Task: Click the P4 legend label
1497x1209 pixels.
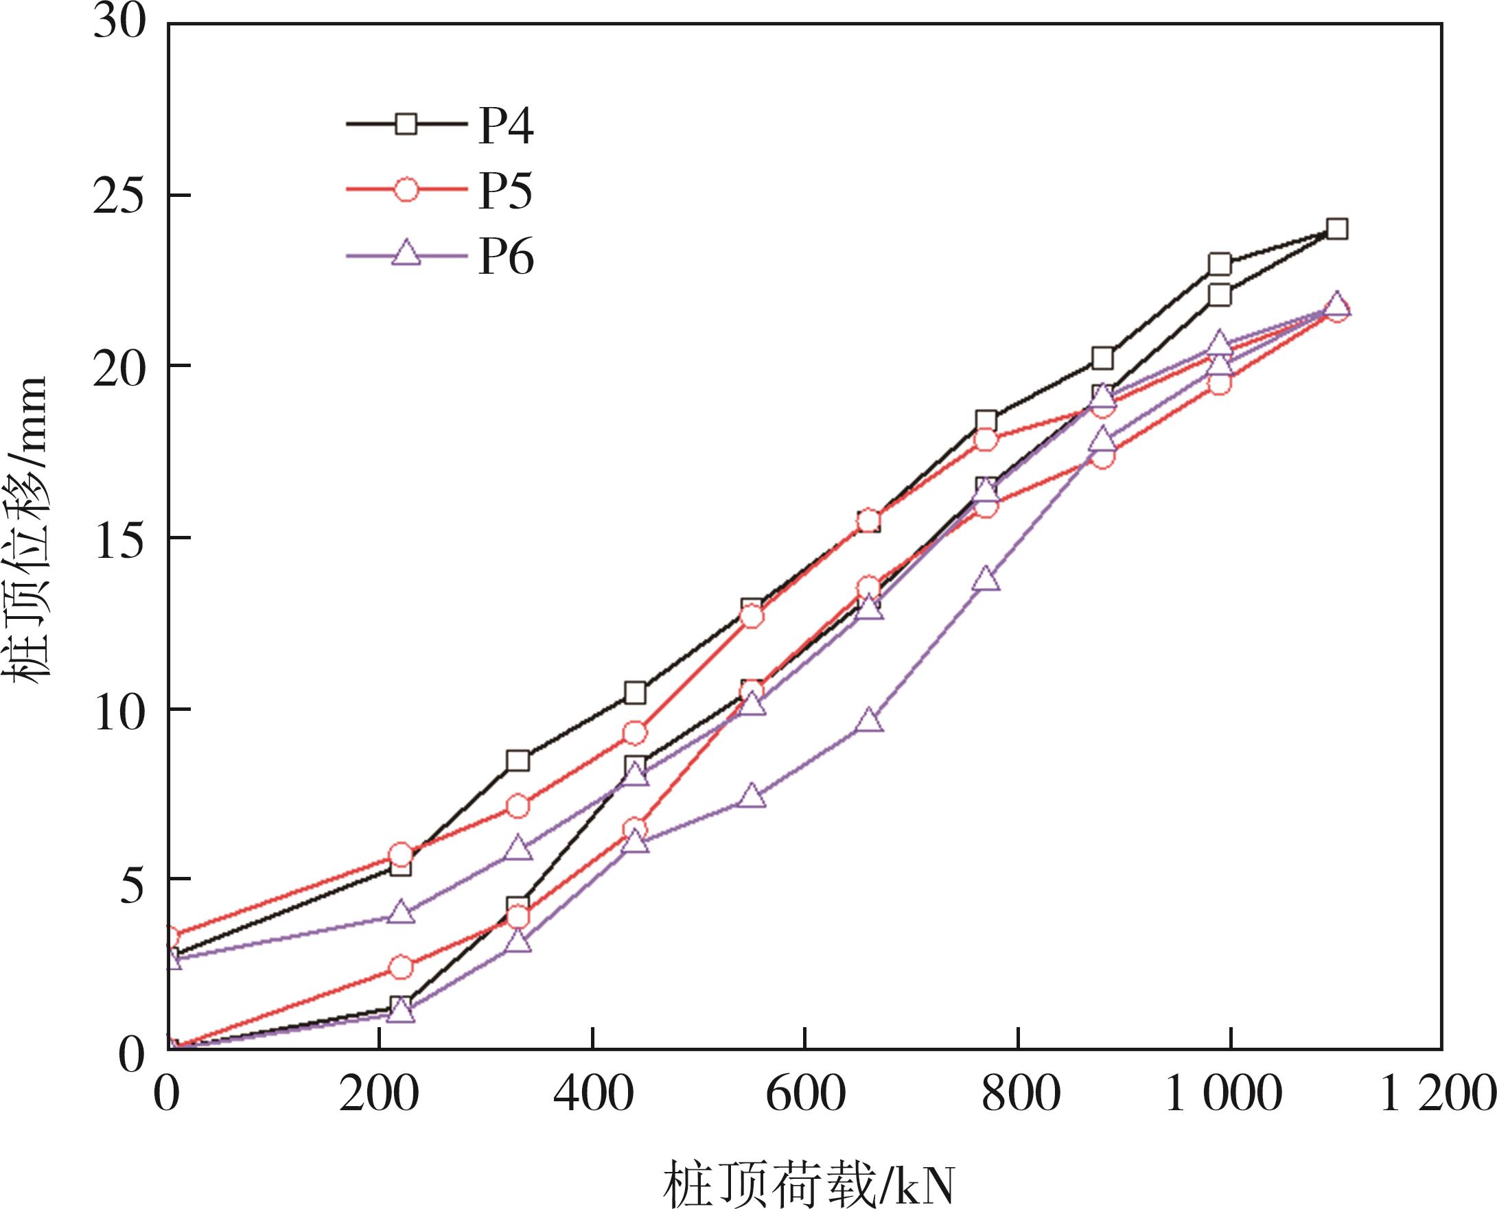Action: (506, 127)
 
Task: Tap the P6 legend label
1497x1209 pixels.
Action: (506, 258)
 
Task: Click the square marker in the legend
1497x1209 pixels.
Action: (406, 125)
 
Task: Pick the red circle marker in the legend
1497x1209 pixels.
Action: (406, 189)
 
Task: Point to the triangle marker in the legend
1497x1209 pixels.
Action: (406, 255)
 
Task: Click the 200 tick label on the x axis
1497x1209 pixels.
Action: (379, 1094)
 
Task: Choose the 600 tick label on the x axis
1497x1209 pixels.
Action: (804, 1094)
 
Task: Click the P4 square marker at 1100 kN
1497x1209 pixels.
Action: (1337, 229)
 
